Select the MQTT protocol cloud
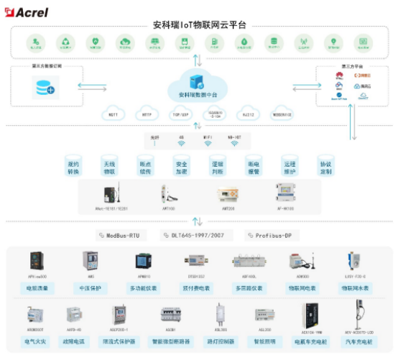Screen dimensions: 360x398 pos(113,114)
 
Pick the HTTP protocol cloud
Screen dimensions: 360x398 pos(147,114)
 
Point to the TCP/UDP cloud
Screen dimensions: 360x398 pos(180,114)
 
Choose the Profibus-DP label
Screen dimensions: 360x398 pos(271,235)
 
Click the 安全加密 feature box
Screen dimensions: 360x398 pos(181,167)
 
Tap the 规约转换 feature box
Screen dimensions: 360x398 pos(73,167)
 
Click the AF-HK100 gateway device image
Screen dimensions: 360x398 pos(286,192)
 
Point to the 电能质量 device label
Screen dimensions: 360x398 pos(37,287)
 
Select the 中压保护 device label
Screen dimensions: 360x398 pos(91,287)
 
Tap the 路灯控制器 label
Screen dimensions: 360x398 pos(221,342)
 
